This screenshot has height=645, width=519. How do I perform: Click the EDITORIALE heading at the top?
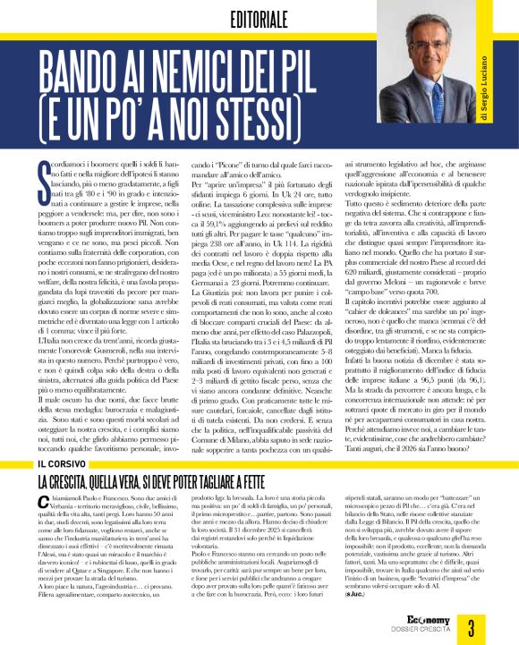tap(259, 19)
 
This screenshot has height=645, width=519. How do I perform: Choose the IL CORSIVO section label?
tap(64, 464)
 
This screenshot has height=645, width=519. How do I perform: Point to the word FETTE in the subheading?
tap(311, 482)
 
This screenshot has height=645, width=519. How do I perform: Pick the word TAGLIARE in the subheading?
tap(250, 482)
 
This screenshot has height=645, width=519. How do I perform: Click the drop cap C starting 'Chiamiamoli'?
tap(44, 505)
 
